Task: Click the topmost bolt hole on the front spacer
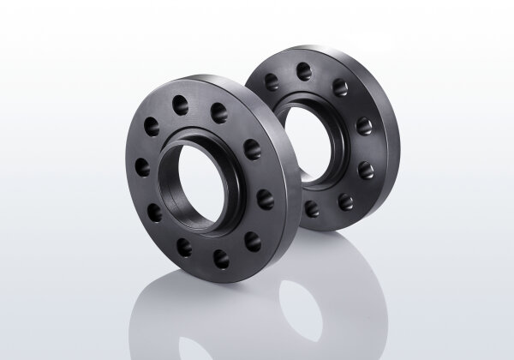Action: click(181, 103)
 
